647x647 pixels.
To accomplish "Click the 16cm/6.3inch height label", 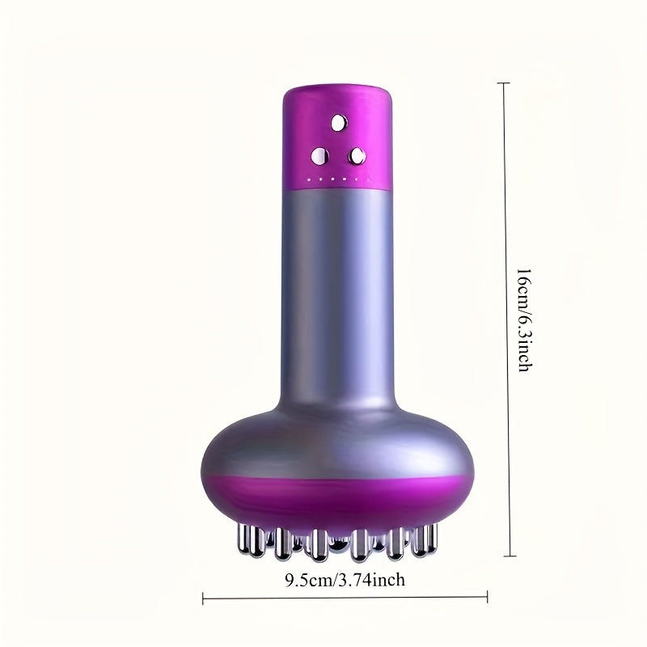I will coord(524,319).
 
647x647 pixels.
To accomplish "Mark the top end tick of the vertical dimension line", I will coord(506,83).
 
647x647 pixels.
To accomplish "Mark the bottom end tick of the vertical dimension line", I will coord(506,556).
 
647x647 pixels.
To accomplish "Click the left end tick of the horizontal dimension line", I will coord(202,600).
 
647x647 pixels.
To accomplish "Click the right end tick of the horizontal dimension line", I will coord(488,600).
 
